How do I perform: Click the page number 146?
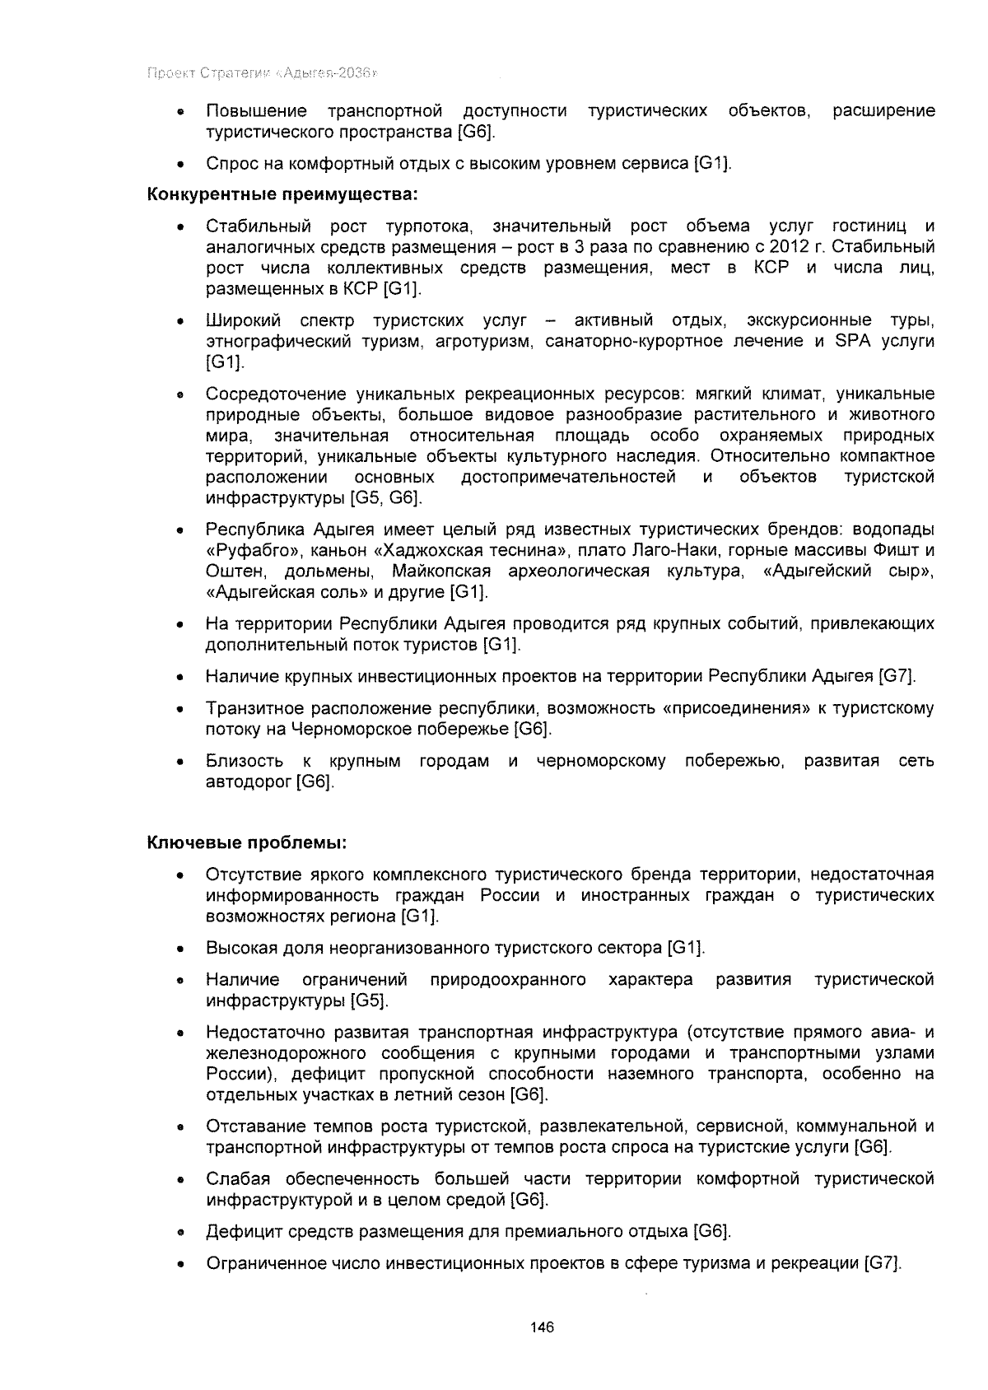543,1327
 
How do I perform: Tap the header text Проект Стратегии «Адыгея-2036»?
262,74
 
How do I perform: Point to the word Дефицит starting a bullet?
239,1232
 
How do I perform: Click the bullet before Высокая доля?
179,949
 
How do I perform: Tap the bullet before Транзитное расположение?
179,709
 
